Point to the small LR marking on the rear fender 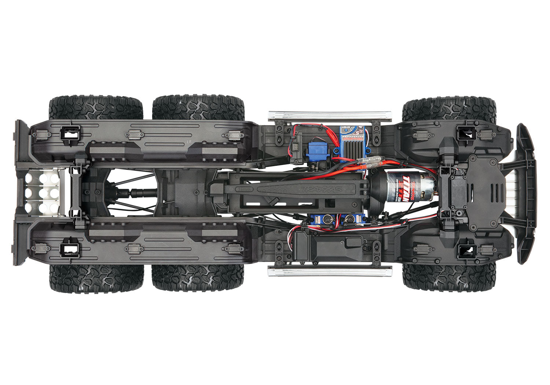pyautogui.click(x=189, y=141)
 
